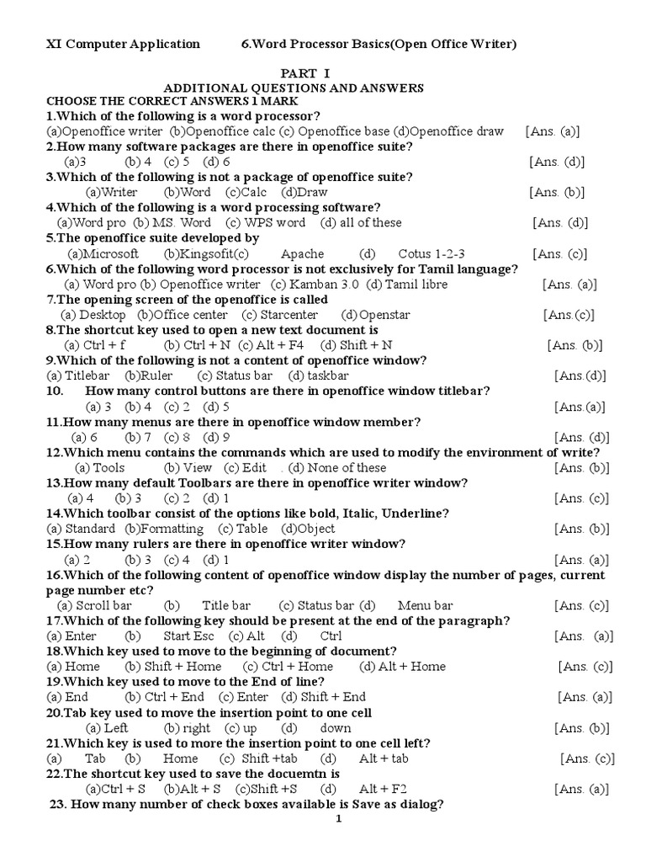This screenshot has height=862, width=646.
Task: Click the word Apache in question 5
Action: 302,253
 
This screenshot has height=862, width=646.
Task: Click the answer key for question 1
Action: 553,131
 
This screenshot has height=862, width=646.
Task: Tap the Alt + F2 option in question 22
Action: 383,789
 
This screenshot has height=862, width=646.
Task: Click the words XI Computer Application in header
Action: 123,44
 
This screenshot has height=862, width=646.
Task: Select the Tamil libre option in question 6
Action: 416,285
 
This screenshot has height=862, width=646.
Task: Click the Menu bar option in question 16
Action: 426,605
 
